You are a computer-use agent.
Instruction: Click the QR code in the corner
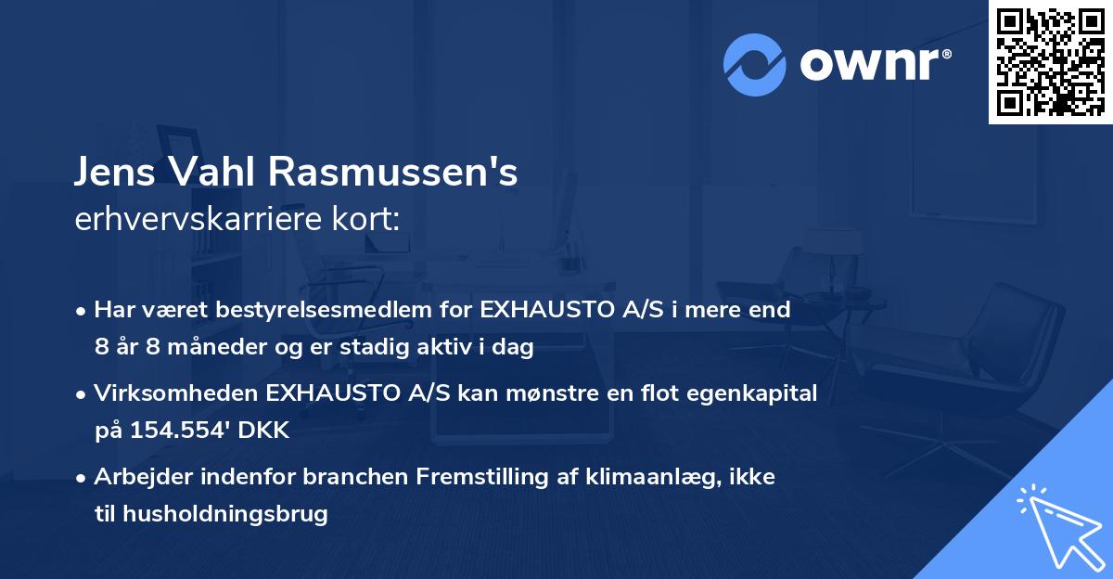[x=1050, y=62]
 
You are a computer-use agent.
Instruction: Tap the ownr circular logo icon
[x=756, y=64]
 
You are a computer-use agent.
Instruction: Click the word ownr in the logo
[x=873, y=64]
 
